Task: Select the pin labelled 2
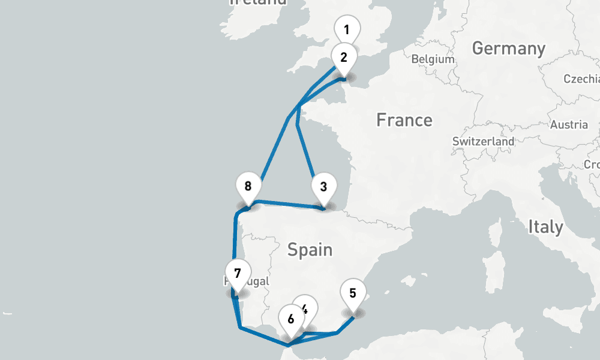(344, 58)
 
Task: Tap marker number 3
(323, 186)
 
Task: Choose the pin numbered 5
(352, 293)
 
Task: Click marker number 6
(291, 319)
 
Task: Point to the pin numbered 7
(238, 274)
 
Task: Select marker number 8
(248, 185)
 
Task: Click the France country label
(404, 120)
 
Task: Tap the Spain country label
(310, 249)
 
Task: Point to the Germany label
(509, 48)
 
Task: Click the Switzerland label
(484, 142)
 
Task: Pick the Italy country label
(545, 227)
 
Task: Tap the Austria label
(569, 125)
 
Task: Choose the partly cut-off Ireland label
(258, 2)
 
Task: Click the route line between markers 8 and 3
(288, 205)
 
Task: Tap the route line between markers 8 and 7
(234, 240)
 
